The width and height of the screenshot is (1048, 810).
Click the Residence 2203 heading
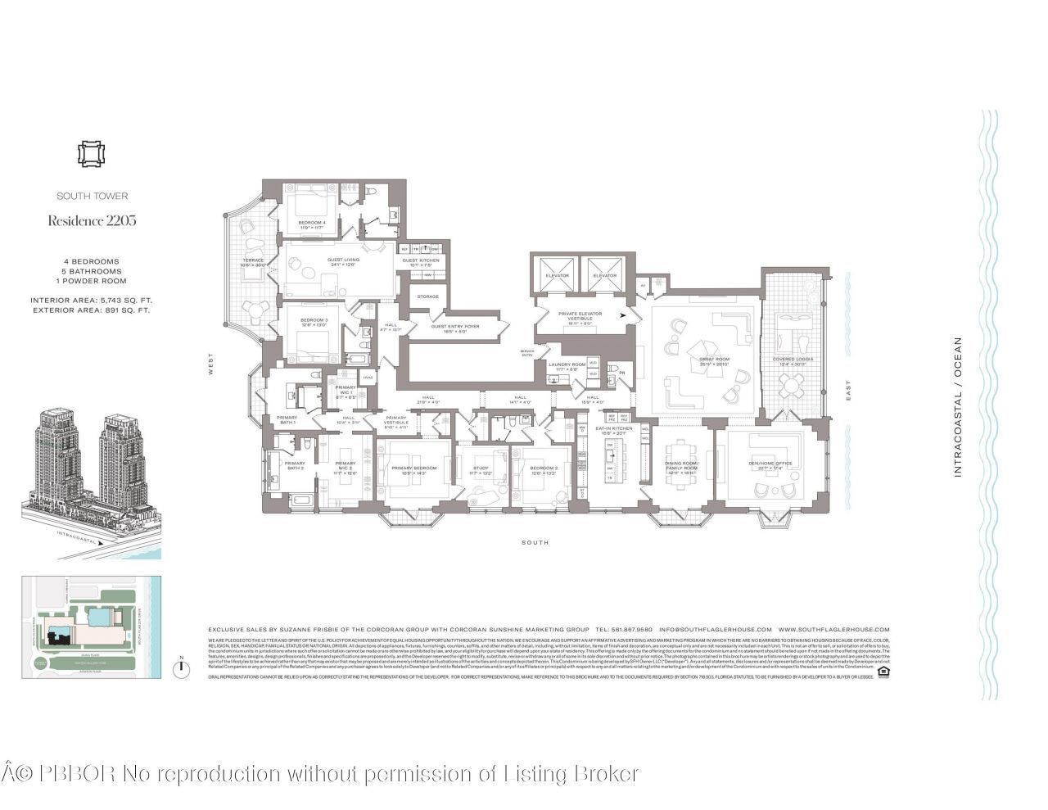point(92,220)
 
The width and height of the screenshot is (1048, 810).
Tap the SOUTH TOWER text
point(92,196)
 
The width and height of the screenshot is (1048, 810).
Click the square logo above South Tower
point(92,154)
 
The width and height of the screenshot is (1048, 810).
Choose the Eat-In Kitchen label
point(613,429)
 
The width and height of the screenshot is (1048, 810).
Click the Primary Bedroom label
point(413,468)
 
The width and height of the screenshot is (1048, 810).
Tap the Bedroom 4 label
point(311,224)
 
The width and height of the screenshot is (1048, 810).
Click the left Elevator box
point(557,276)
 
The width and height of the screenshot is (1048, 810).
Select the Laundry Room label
point(567,365)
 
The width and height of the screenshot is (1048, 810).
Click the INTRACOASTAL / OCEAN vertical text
point(958,407)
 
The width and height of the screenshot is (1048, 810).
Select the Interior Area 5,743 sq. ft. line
point(92,301)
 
